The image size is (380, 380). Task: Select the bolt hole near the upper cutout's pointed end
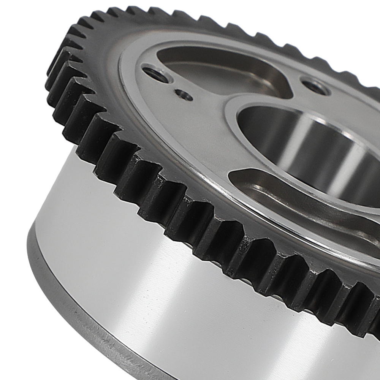tap(314, 86)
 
